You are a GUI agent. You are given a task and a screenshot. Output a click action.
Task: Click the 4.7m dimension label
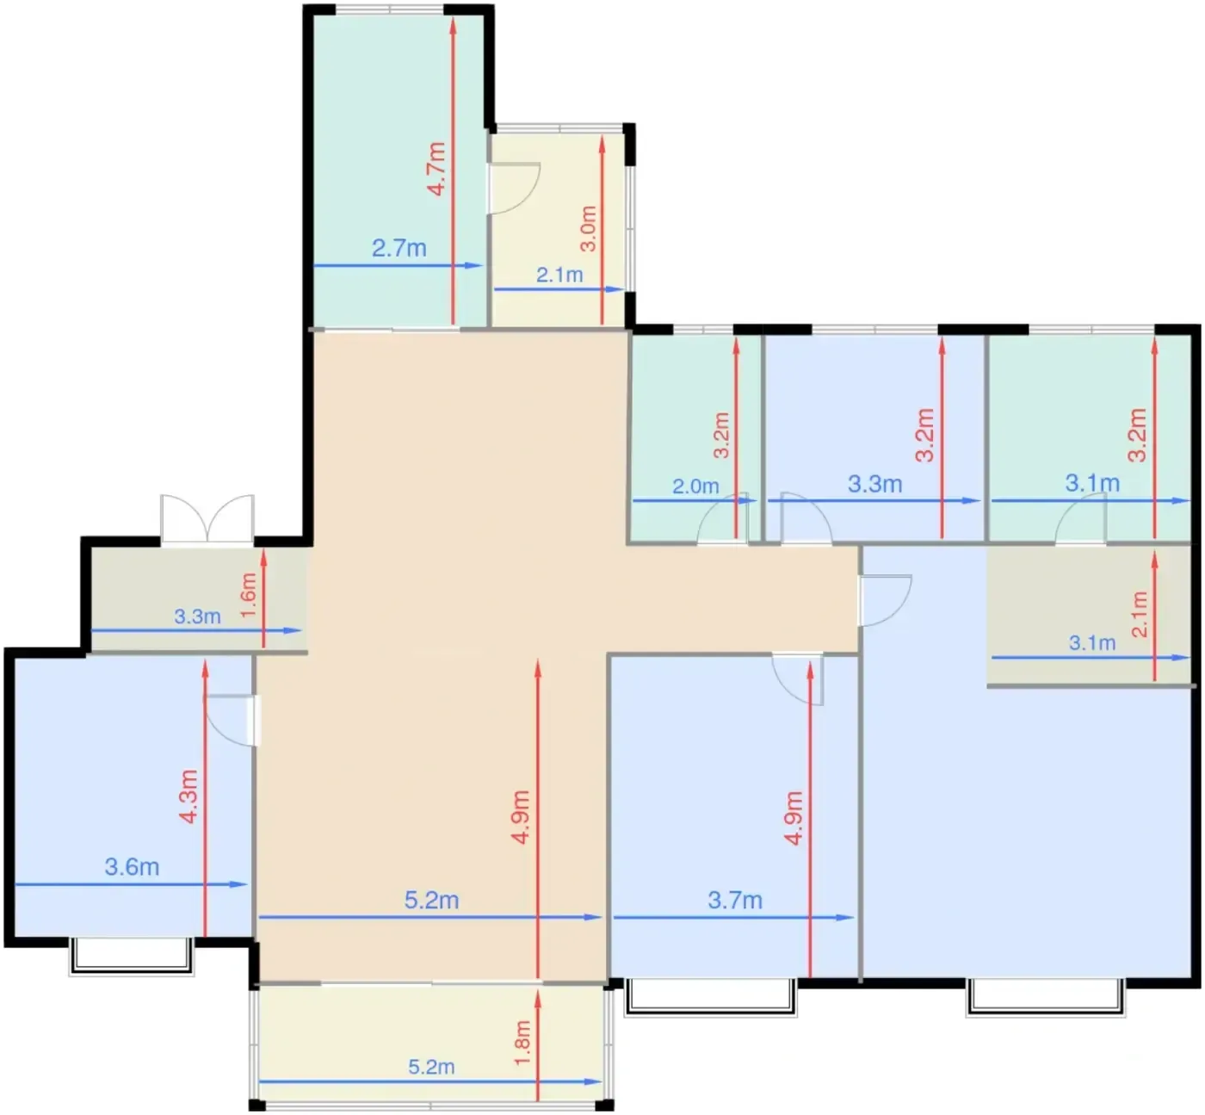(437, 169)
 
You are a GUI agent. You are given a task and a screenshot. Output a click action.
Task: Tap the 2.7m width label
(399, 248)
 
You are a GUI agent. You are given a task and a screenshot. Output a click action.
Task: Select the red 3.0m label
(589, 229)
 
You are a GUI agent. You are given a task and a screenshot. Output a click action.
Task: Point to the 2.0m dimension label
(696, 486)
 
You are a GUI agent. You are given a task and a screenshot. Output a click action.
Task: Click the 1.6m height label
(249, 595)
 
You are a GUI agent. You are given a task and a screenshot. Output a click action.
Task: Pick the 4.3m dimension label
(189, 796)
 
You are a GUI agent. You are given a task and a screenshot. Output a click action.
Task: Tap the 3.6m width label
(133, 867)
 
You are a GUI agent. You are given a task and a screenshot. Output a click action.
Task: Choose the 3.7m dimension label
(735, 900)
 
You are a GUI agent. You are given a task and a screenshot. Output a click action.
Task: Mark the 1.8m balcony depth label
(522, 1043)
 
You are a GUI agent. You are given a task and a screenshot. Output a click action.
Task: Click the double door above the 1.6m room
(207, 518)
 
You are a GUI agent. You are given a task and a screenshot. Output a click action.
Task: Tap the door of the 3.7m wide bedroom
(798, 679)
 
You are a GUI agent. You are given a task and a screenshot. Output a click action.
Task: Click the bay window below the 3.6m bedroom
(132, 957)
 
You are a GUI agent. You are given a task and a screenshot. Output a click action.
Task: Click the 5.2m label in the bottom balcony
(431, 1067)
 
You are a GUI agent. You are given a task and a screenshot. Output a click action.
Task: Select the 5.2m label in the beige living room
(432, 900)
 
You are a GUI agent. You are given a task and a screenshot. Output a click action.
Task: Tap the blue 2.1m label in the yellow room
(560, 275)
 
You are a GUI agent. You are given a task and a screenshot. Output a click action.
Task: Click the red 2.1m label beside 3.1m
(1140, 614)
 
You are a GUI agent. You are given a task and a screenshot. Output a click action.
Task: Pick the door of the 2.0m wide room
(723, 518)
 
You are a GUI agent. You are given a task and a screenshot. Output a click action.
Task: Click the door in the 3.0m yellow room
(515, 189)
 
